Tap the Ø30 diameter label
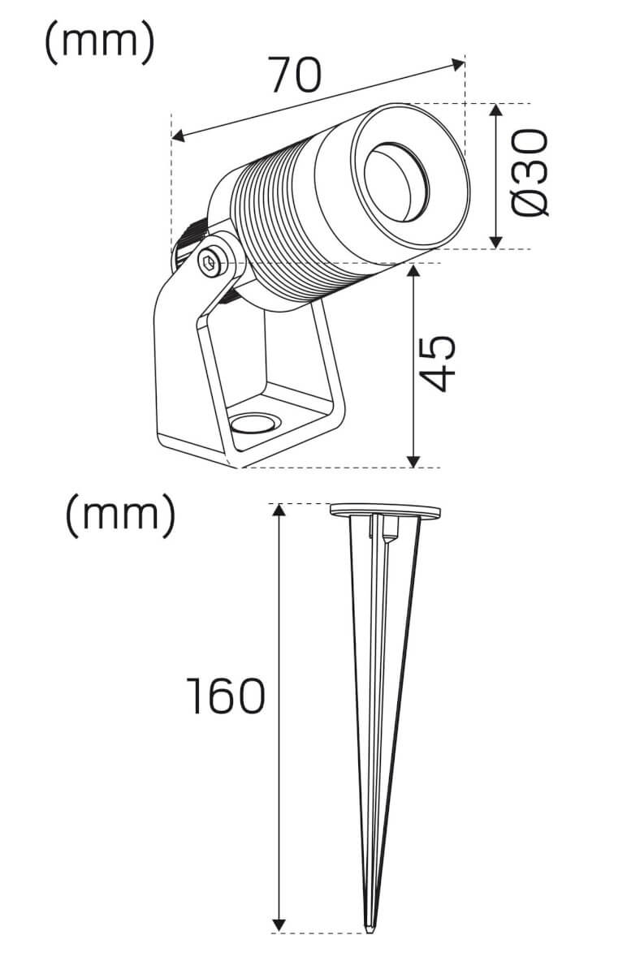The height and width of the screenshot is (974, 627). tap(530, 173)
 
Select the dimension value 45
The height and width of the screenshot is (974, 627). tap(439, 364)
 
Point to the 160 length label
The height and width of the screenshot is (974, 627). tap(226, 696)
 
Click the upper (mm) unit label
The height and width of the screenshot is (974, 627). tap(100, 41)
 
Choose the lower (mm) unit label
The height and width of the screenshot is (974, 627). tap(120, 515)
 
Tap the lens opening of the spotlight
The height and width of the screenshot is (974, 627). tap(396, 181)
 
